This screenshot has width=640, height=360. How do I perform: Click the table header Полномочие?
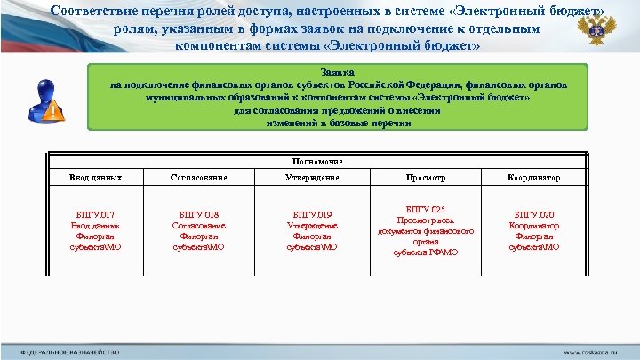click(x=317, y=161)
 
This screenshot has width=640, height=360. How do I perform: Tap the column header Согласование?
click(x=198, y=178)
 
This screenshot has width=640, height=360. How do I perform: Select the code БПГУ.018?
click(x=198, y=214)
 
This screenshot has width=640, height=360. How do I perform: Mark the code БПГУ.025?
click(x=426, y=209)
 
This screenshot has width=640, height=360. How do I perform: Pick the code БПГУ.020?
click(x=533, y=214)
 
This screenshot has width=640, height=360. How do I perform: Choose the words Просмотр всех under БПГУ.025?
click(x=426, y=220)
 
